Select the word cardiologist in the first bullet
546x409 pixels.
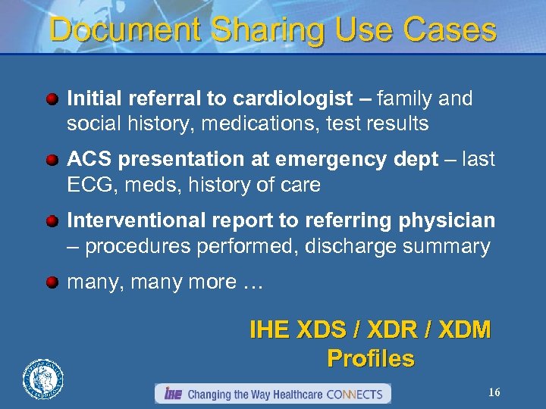click(x=293, y=98)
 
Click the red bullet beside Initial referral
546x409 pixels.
click(x=52, y=99)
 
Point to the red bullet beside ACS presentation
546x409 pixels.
click(x=52, y=160)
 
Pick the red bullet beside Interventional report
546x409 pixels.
click(x=52, y=221)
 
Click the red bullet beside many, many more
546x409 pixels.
click(x=52, y=283)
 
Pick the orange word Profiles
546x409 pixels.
click(x=371, y=358)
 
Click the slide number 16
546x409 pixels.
click(x=494, y=392)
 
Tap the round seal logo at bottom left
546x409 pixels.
click(x=43, y=378)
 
